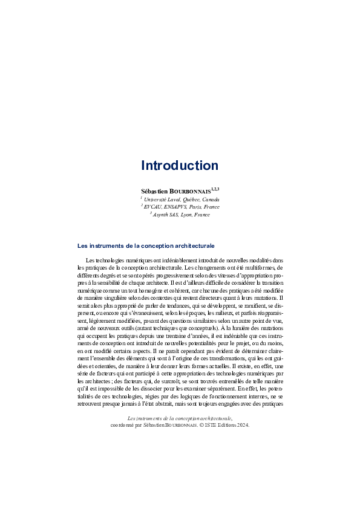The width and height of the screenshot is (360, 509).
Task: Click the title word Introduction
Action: (180, 166)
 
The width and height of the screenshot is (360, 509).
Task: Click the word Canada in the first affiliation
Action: (211, 199)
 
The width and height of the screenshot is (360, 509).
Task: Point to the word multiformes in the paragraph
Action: (260, 267)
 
